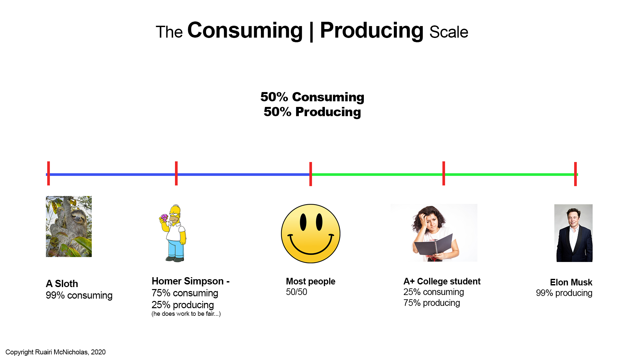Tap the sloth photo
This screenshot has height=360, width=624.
coord(69,226)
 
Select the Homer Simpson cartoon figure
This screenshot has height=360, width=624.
coord(173,233)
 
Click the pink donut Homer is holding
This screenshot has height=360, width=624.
coord(164,217)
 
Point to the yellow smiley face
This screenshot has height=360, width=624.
coord(311,234)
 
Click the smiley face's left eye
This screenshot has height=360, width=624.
coord(303,222)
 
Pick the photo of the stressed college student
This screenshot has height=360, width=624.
coord(434,233)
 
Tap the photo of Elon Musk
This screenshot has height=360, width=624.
coord(573,233)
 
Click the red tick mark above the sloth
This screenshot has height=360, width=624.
coord(49,173)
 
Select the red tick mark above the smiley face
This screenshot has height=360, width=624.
coord(311,174)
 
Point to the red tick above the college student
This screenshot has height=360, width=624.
coord(444,173)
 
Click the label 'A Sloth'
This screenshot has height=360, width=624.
coord(62,284)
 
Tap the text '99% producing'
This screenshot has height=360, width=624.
coord(564,293)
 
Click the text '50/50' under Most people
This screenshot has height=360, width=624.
coord(296,292)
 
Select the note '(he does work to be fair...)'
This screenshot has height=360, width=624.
coord(186,314)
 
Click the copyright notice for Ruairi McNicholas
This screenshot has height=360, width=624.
coord(55,352)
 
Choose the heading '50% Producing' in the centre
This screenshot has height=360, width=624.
coord(312,112)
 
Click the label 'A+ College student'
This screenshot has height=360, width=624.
coord(442,281)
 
